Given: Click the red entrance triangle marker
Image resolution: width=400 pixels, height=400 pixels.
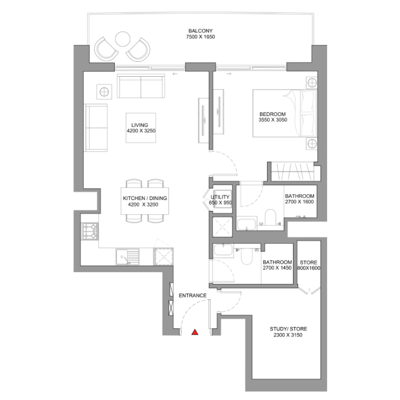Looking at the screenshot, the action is pyautogui.click(x=195, y=332).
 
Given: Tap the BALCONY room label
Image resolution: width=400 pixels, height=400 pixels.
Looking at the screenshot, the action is pyautogui.click(x=201, y=31).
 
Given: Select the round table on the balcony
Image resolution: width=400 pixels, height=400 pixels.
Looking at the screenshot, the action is pyautogui.click(x=123, y=39).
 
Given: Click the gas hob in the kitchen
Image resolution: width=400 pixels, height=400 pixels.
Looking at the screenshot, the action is pyautogui.click(x=90, y=232).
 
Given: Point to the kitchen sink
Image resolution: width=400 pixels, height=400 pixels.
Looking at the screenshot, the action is pyautogui.click(x=128, y=256).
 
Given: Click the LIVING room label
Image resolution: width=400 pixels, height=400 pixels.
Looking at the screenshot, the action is pyautogui.click(x=139, y=125).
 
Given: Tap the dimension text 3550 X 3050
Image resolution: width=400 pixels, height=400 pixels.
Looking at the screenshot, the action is pyautogui.click(x=273, y=120).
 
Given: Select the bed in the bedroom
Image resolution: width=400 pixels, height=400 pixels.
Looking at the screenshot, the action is pyautogui.click(x=285, y=113).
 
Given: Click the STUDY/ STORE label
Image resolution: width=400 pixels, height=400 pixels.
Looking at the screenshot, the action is pyautogui.click(x=288, y=329).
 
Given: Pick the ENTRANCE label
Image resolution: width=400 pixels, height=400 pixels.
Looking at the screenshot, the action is pyautogui.click(x=193, y=295).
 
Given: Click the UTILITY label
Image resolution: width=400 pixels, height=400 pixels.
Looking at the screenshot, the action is pyautogui.click(x=220, y=197).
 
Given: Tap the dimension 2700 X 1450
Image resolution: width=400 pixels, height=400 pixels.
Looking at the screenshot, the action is pyautogui.click(x=277, y=268).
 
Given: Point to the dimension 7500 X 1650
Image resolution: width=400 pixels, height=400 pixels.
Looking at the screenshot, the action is pyautogui.click(x=201, y=37).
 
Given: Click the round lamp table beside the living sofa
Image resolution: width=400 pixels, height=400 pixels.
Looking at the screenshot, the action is pyautogui.click(x=104, y=92).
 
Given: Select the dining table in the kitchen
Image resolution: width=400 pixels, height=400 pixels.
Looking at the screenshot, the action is pyautogui.click(x=145, y=201).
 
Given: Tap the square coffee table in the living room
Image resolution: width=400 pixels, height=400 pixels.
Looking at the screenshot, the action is pyautogui.click(x=141, y=128).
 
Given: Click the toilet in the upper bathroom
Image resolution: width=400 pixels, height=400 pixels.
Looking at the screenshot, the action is pyautogui.click(x=270, y=217).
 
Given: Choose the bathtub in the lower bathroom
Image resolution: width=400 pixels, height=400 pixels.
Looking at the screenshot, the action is pyautogui.click(x=223, y=250).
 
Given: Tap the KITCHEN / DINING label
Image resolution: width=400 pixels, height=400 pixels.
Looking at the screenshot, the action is pyautogui.click(x=145, y=198).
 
